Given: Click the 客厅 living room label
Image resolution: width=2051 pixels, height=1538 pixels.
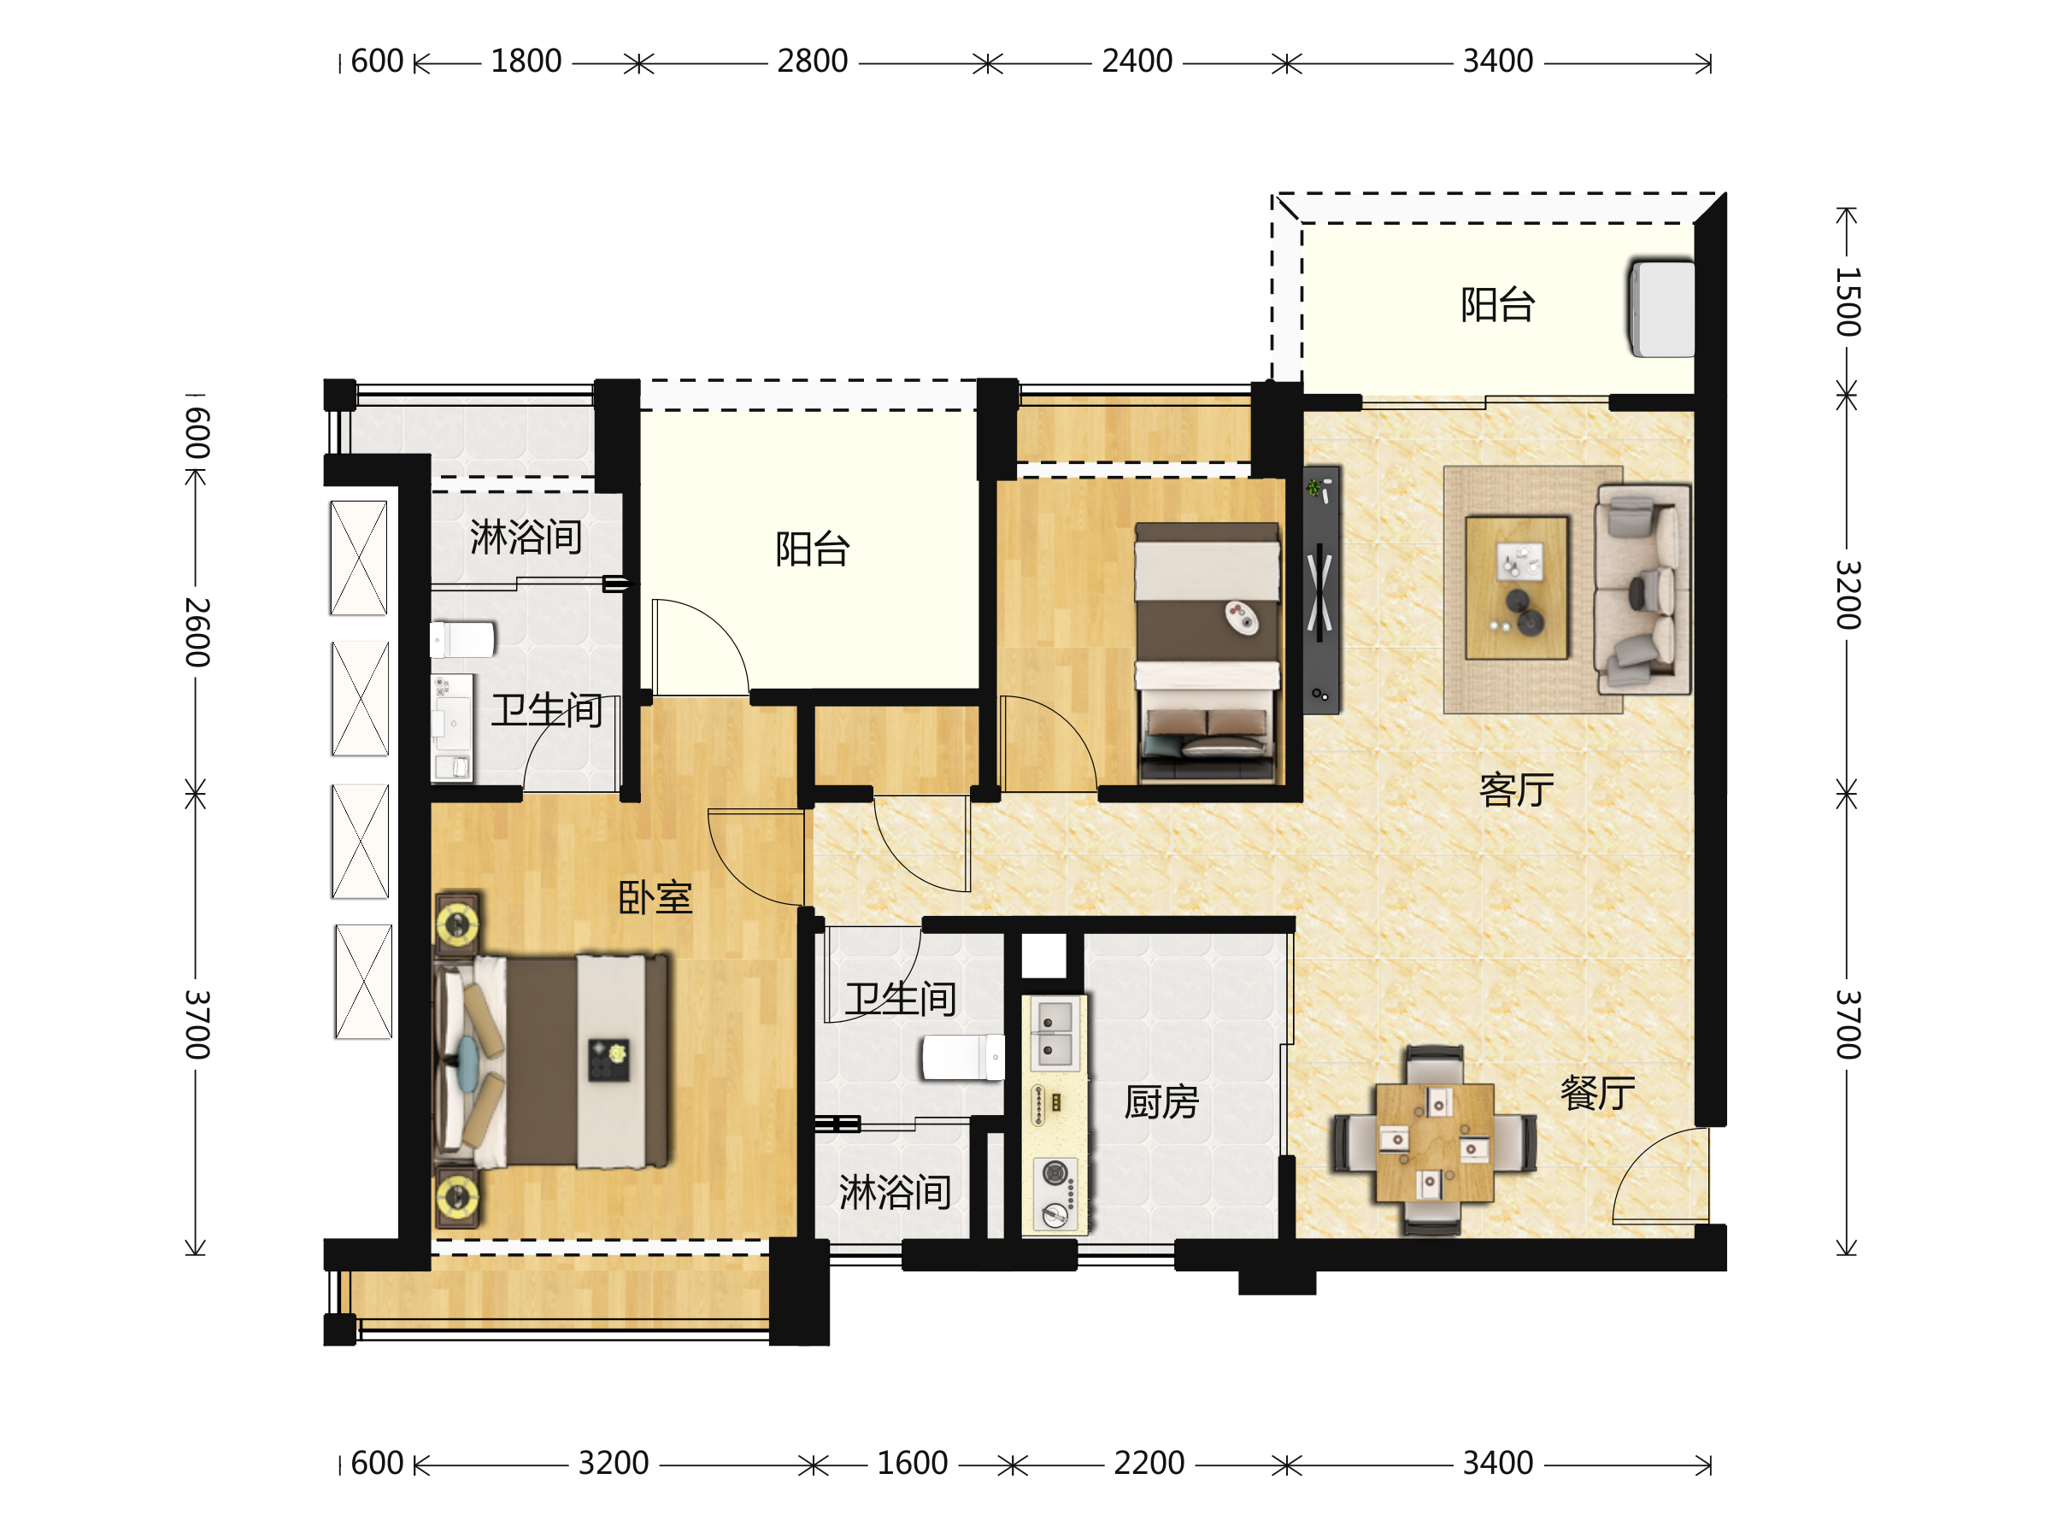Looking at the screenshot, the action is click(1516, 790).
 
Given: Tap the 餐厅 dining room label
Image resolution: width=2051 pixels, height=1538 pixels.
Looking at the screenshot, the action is click(1596, 1093).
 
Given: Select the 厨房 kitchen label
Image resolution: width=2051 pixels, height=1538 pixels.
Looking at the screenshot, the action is click(1161, 1102).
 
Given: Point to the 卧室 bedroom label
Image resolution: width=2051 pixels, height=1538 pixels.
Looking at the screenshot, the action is click(655, 897).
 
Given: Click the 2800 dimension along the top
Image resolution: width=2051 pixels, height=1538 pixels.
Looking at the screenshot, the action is click(812, 62).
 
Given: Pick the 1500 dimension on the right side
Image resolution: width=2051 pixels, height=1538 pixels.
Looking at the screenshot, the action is click(1848, 302).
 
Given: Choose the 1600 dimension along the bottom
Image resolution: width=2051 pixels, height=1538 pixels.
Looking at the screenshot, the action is click(913, 1463).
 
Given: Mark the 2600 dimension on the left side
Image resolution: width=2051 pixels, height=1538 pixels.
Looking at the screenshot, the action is click(197, 632).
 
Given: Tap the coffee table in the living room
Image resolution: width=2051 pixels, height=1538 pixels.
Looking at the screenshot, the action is click(1516, 588).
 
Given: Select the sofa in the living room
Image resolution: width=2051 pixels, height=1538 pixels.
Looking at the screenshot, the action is click(1643, 590).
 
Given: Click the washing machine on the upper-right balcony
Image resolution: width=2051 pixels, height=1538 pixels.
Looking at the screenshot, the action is click(1662, 308).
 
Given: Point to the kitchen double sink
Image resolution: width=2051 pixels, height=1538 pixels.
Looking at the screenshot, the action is click(1055, 1032).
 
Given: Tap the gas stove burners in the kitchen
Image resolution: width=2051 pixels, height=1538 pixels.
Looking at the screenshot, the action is click(1055, 1194).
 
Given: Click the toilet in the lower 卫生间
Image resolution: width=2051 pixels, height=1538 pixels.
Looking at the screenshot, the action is click(962, 1058).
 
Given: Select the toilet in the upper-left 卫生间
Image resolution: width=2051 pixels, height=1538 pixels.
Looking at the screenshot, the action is click(462, 640).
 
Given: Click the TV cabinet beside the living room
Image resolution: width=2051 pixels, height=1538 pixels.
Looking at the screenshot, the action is click(1320, 590).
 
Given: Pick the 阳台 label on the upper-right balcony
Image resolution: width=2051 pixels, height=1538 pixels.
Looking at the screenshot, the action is click(1497, 304).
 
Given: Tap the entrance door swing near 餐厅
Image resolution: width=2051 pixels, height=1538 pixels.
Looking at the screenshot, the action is click(1660, 1176).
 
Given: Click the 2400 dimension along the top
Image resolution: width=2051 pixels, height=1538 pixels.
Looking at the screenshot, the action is click(1137, 62).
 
